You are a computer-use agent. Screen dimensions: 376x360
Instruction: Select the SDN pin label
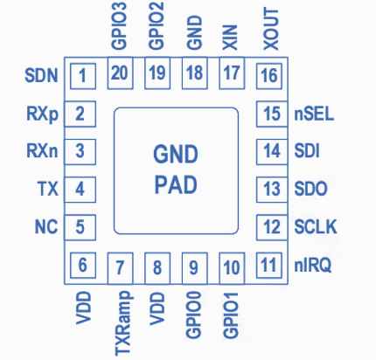click(41, 75)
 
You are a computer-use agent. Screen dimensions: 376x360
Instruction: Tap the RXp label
click(43, 114)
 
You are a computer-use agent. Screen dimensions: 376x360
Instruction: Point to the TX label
click(48, 189)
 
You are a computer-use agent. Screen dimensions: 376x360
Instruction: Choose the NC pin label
click(46, 226)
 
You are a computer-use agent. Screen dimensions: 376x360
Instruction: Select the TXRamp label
click(122, 323)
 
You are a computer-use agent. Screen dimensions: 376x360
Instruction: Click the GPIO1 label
click(231, 315)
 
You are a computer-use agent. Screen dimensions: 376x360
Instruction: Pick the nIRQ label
click(313, 266)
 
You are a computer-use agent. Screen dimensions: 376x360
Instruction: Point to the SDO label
click(310, 189)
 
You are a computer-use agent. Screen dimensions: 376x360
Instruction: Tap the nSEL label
click(314, 114)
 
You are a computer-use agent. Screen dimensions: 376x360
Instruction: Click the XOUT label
click(271, 29)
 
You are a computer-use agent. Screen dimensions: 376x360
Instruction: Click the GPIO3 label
click(119, 25)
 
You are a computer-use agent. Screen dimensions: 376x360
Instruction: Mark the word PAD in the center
click(176, 184)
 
